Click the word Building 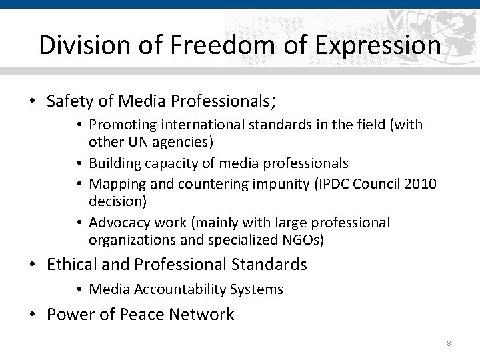coord(115,163)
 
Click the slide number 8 coord(449,343)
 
